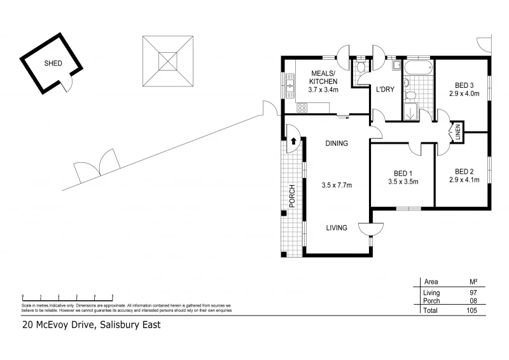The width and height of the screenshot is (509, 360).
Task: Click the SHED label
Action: pyautogui.click(x=53, y=64)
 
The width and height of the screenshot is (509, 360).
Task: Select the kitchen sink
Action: pyautogui.click(x=291, y=82)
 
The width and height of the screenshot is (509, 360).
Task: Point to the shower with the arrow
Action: pyautogui.click(x=410, y=112)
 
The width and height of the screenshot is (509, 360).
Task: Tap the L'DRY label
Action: pyautogui.click(x=385, y=90)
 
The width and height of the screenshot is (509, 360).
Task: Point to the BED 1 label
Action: pyautogui.click(x=403, y=173)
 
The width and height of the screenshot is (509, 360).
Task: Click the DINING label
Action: pyautogui.click(x=337, y=143)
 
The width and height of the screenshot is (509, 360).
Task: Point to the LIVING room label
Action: pyautogui.click(x=337, y=228)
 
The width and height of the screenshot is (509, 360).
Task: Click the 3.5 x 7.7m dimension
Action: pyautogui.click(x=337, y=185)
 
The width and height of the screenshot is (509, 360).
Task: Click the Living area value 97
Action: pyautogui.click(x=472, y=292)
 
